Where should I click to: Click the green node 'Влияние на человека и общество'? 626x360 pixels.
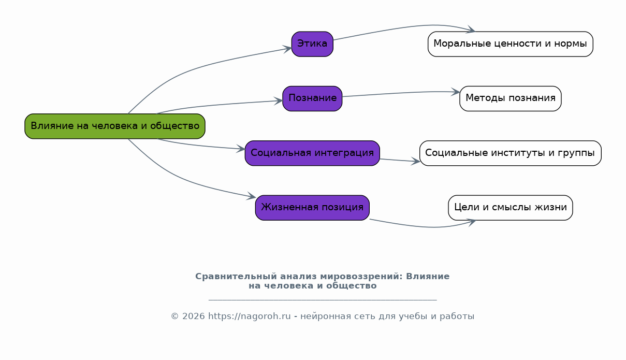tap(115, 126)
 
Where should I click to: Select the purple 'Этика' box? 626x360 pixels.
tap(312, 44)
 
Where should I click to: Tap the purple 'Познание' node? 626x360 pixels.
tap(312, 98)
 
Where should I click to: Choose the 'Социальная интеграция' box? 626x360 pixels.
tap(312, 153)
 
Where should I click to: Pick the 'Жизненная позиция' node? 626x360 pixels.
tap(312, 208)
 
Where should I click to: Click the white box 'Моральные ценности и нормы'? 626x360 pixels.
tap(511, 44)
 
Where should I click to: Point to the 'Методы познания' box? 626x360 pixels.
tap(511, 98)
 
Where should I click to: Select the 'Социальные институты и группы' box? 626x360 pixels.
tap(511, 153)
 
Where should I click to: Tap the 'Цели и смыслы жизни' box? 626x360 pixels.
tap(511, 208)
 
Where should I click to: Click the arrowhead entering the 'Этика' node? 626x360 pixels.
tap(287, 49)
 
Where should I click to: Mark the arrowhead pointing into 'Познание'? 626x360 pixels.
tap(279, 101)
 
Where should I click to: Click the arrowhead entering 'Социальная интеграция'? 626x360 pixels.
tap(241, 149)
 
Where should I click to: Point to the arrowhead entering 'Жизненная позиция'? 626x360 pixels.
tap(251, 196)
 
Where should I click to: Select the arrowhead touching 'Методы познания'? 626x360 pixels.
tap(456, 92)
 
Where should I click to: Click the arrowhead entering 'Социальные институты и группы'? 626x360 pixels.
tap(415, 161)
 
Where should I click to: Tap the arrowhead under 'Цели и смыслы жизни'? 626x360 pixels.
tap(471, 223)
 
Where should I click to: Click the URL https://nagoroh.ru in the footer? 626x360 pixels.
tap(249, 316)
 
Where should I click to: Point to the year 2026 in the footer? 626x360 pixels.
tap(193, 316)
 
